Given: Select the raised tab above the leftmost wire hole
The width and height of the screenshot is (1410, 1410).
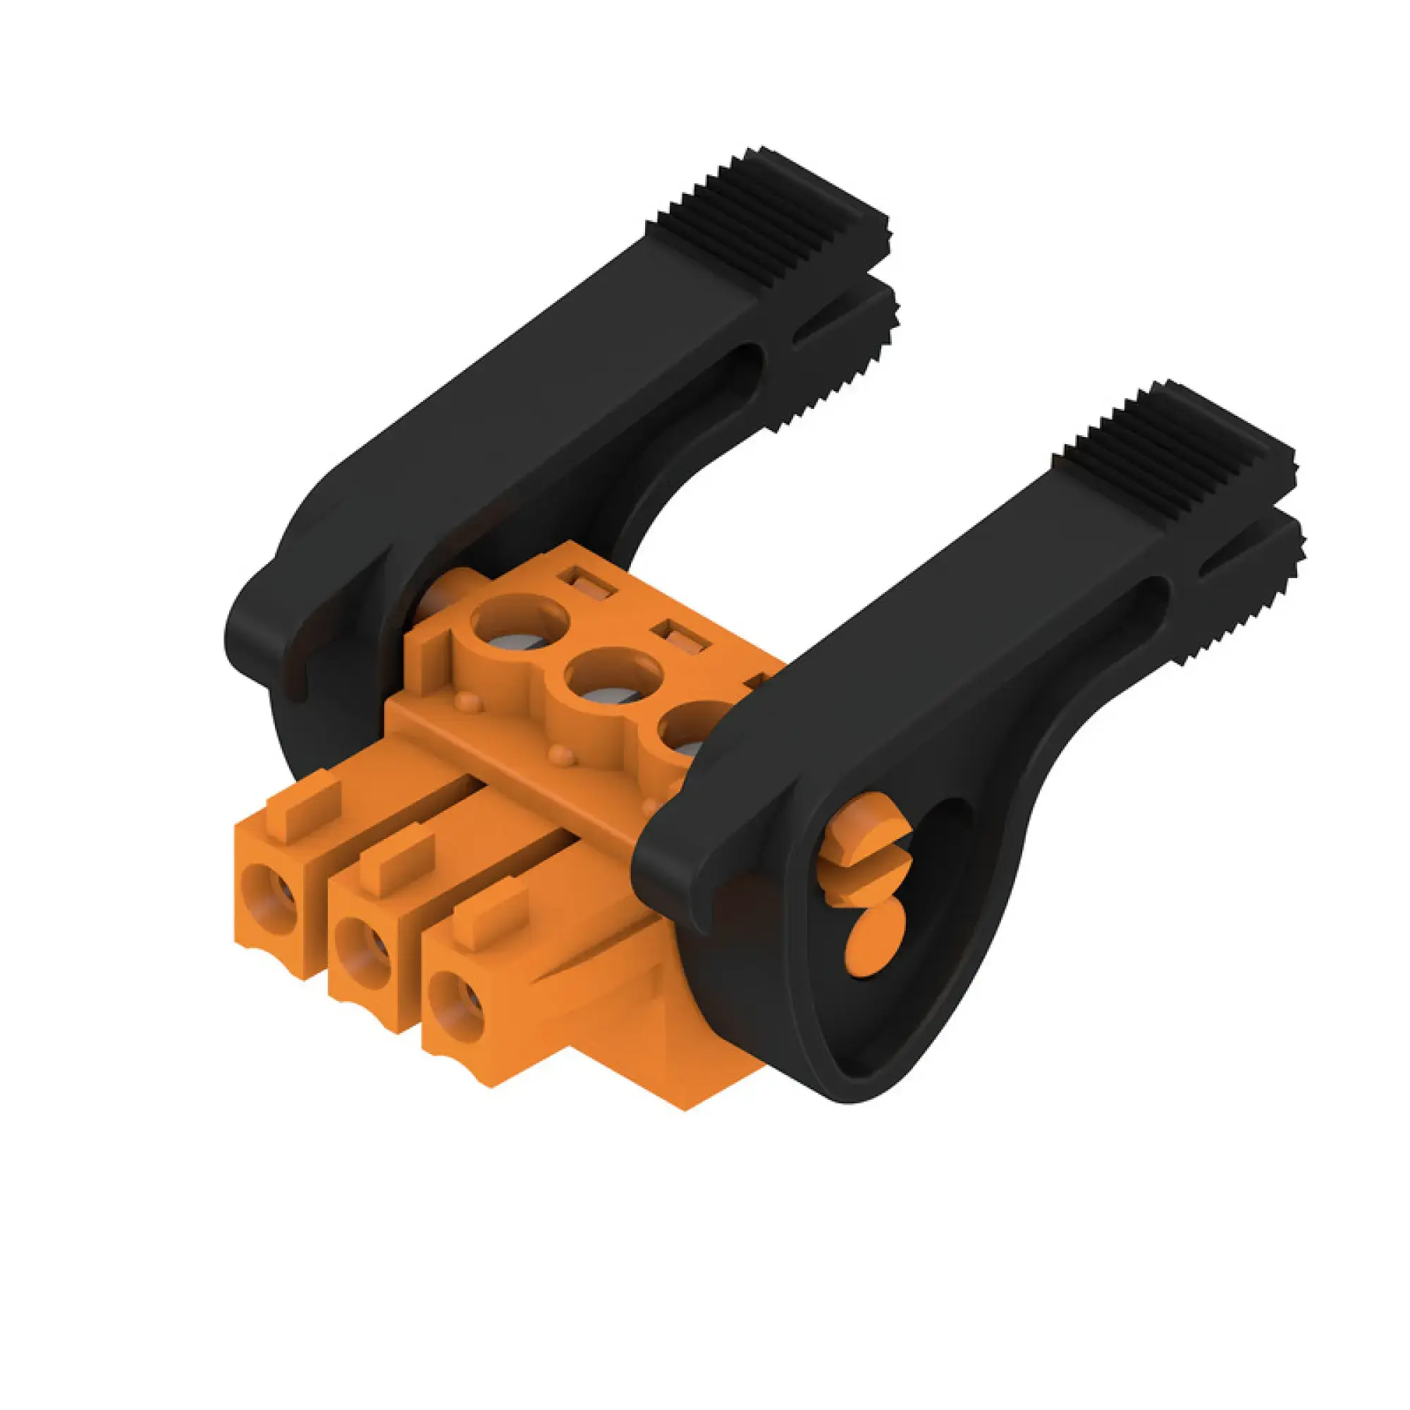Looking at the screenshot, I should click(x=304, y=806).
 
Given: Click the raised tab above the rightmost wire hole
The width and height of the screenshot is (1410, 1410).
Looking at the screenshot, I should click(x=491, y=921).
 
